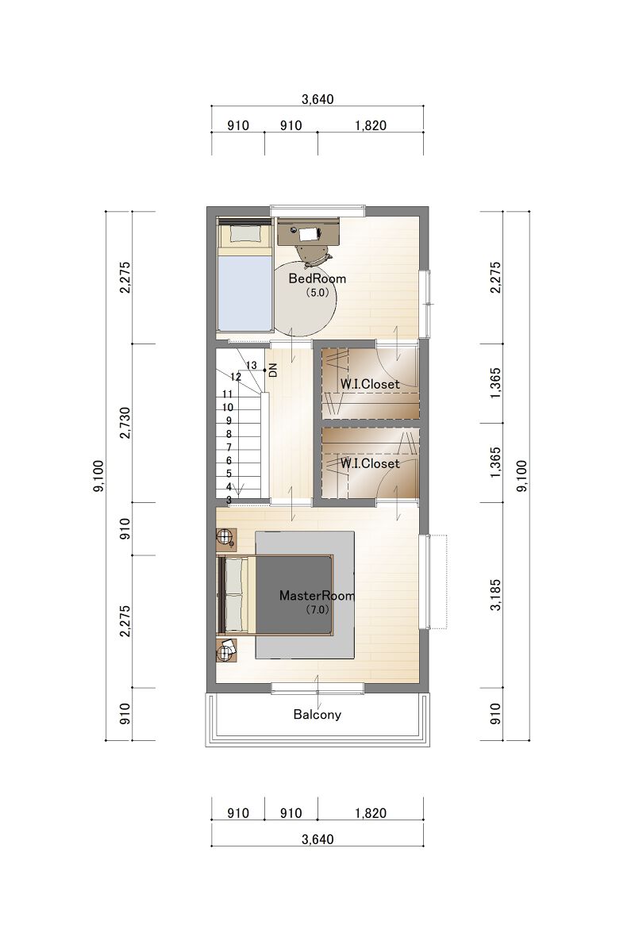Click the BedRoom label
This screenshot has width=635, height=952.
[x=317, y=278]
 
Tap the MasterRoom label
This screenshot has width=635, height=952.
[x=317, y=596]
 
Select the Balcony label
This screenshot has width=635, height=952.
[x=317, y=715]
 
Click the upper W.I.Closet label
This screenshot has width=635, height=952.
[x=370, y=384]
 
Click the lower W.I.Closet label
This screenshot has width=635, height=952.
[x=370, y=463]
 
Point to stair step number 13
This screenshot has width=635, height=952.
[x=252, y=366]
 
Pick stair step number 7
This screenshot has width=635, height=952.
[x=229, y=447]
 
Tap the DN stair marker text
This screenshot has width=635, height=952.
[x=273, y=370]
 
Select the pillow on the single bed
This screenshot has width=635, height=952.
[x=244, y=233]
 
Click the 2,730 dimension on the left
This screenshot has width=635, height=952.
[x=125, y=423]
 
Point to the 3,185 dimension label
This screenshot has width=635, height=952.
[x=496, y=595]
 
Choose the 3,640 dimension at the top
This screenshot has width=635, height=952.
[x=317, y=99]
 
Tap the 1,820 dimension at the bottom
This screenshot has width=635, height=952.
[x=371, y=813]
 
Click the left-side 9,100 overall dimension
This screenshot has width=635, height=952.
[x=98, y=476]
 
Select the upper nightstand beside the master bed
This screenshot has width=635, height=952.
[x=226, y=539]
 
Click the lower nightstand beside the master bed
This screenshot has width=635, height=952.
[x=226, y=651]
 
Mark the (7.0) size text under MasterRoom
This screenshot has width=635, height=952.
[x=317, y=610]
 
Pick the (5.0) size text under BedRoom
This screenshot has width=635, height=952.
[x=317, y=293]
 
